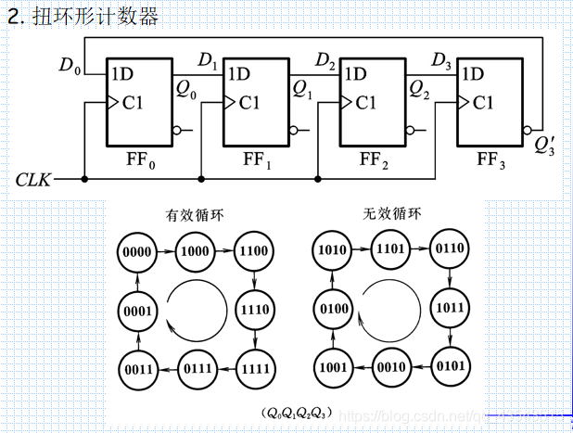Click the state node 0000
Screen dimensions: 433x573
(x=137, y=251)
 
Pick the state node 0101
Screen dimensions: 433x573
(x=450, y=364)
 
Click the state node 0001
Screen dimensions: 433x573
(x=137, y=311)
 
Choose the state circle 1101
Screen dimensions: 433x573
(x=391, y=249)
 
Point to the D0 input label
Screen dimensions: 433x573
(x=70, y=65)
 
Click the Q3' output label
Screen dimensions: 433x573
(x=544, y=145)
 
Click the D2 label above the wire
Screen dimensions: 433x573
(x=325, y=61)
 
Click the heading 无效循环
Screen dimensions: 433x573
(x=391, y=213)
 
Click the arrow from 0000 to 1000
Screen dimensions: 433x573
(x=166, y=251)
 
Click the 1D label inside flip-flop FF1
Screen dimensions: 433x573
(x=239, y=74)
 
